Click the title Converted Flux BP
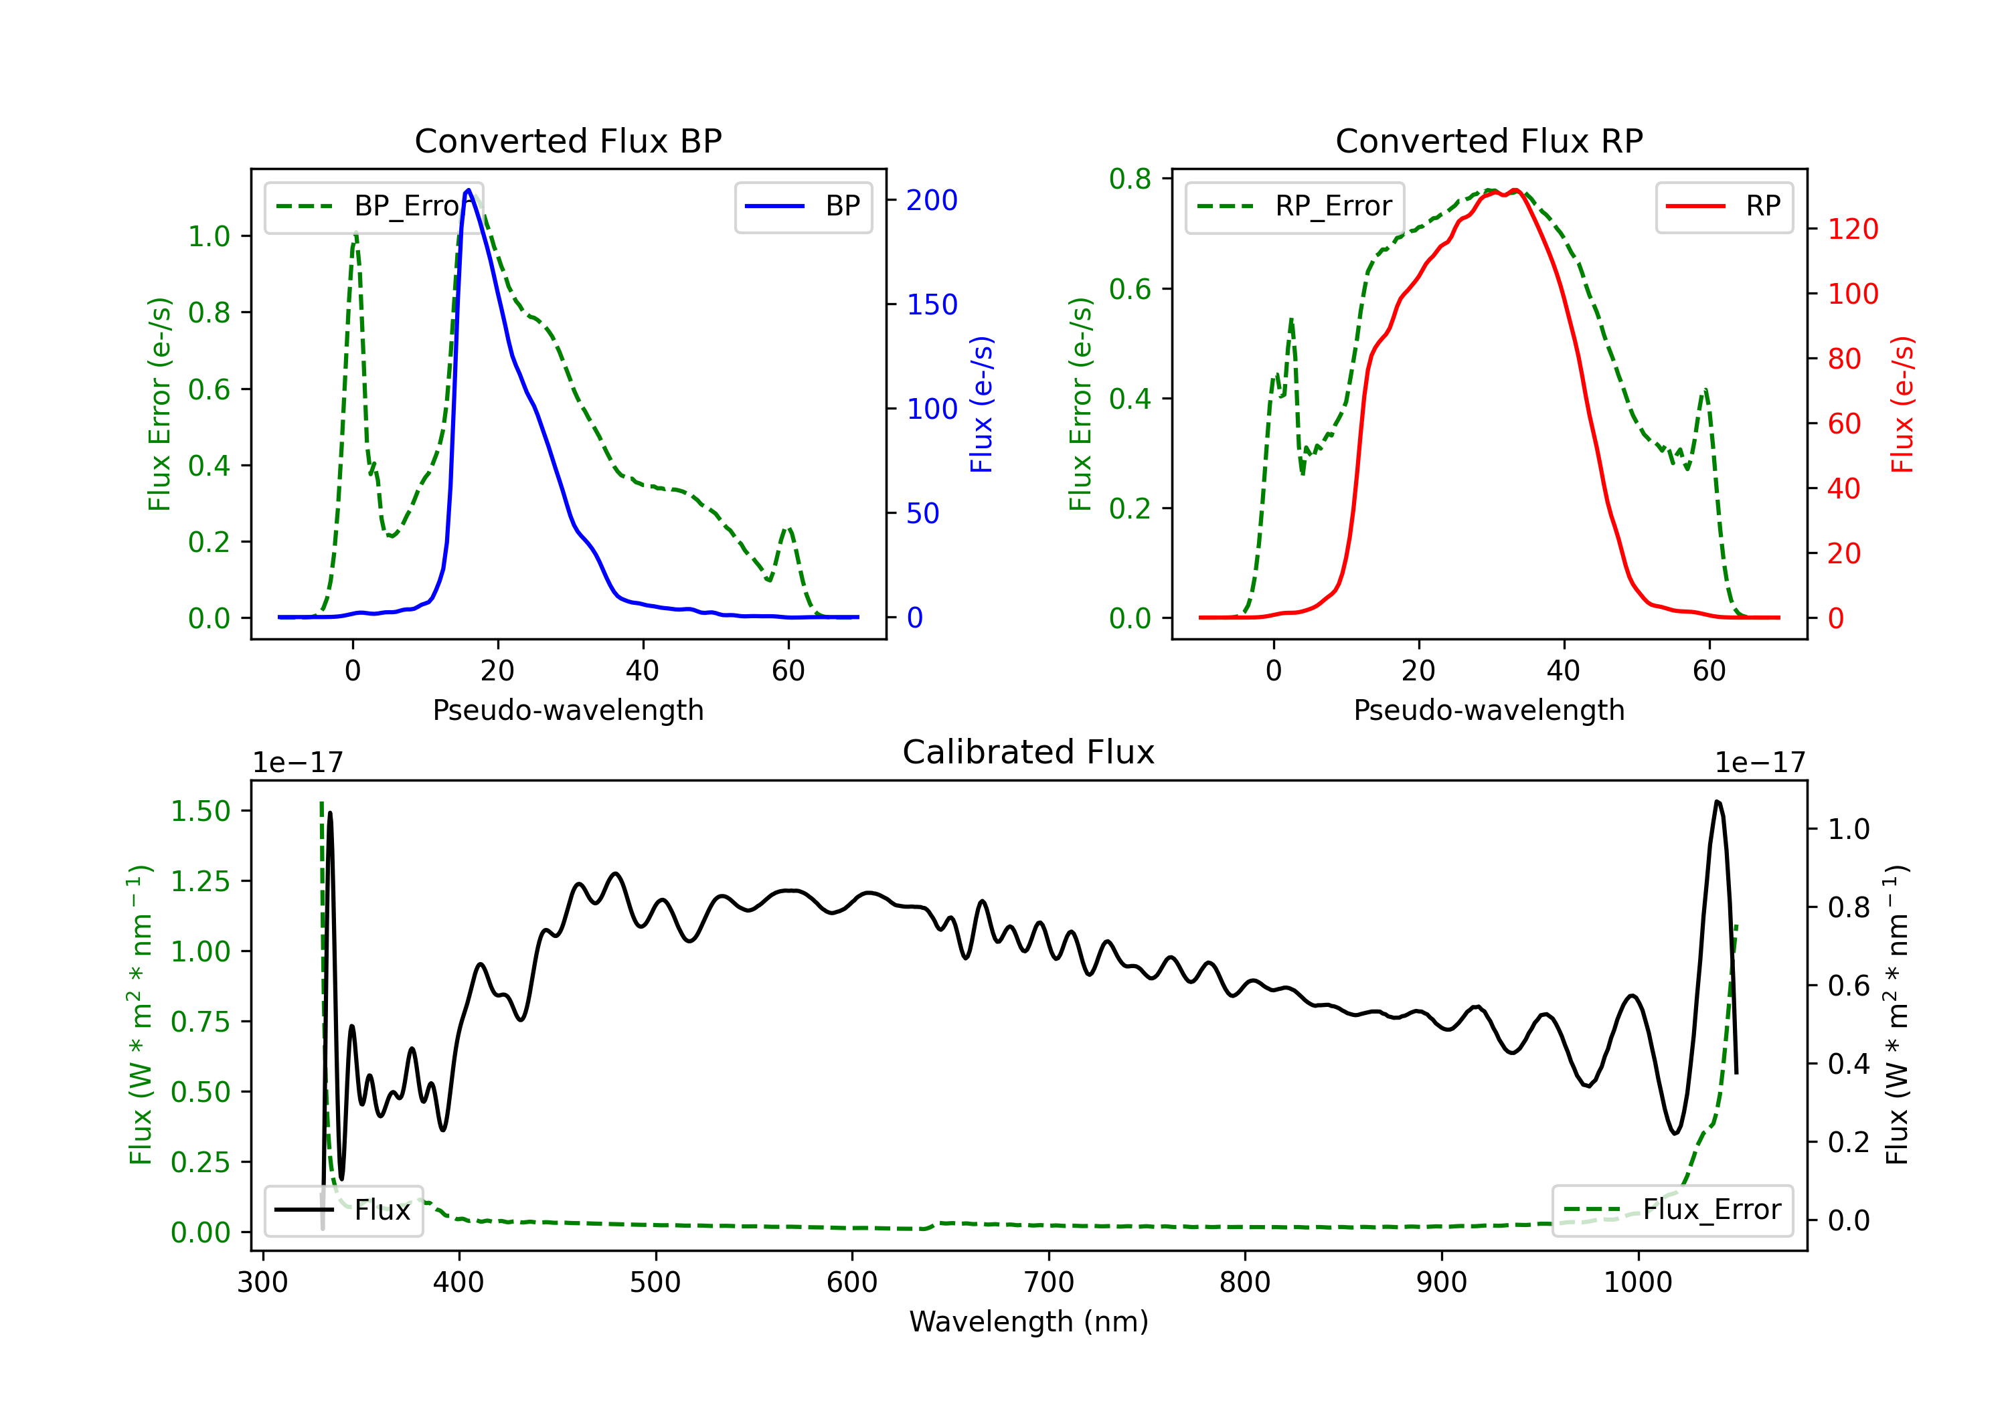click(568, 140)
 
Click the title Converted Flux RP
click(1489, 140)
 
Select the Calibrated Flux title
click(1029, 752)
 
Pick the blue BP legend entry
click(803, 206)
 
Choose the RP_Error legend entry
click(1294, 206)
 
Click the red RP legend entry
click(1724, 206)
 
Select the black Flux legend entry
click(343, 1210)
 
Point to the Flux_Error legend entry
click(1672, 1210)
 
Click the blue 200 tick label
click(932, 200)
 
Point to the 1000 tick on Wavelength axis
click(1638, 1282)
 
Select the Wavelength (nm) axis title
click(1029, 1321)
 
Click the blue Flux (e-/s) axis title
click(981, 404)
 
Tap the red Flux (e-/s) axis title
click(1902, 404)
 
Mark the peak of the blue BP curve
click(469, 190)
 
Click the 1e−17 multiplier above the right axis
click(1760, 763)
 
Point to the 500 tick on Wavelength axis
click(655, 1282)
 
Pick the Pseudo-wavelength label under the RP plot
click(1489, 710)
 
